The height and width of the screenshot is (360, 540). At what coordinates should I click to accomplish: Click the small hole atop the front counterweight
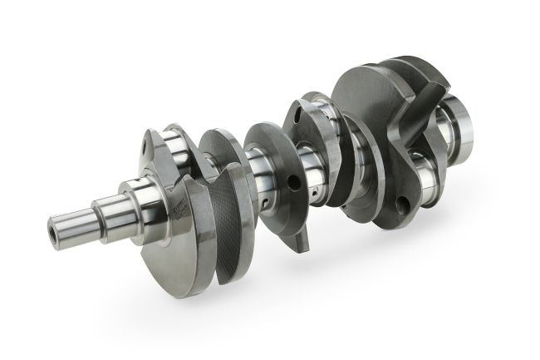[x=148, y=147]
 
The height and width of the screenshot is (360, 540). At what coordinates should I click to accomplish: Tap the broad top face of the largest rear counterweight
[x=374, y=91]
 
